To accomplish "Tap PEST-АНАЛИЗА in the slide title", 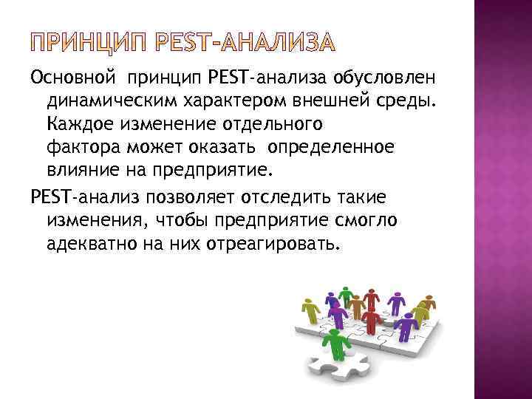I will coord(253,43).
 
